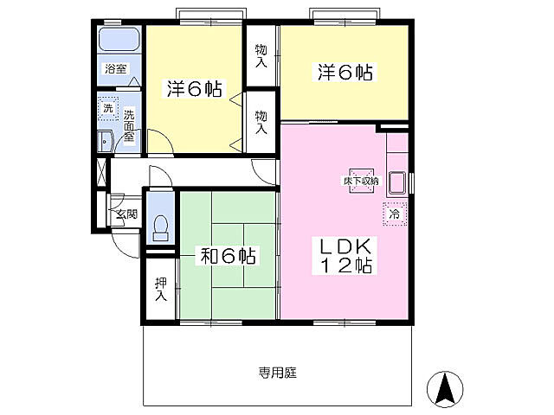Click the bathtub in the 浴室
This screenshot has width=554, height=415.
pyautogui.click(x=119, y=39)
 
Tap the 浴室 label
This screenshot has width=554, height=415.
pyautogui.click(x=115, y=68)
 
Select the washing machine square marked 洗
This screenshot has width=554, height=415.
pyautogui.click(x=108, y=108)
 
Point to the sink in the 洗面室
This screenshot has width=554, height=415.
pyautogui.click(x=105, y=142)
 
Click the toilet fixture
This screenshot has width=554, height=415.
pyautogui.click(x=161, y=228)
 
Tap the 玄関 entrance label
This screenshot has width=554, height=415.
pyautogui.click(x=127, y=214)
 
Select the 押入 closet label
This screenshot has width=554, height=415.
pyautogui.click(x=161, y=290)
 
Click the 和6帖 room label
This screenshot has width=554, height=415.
pyautogui.click(x=228, y=256)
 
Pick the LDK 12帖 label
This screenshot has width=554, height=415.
pyautogui.click(x=345, y=256)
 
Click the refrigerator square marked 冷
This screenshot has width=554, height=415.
pyautogui.click(x=395, y=214)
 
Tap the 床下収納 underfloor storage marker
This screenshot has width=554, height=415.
pyautogui.click(x=361, y=181)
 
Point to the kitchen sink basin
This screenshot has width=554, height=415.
pyautogui.click(x=397, y=182)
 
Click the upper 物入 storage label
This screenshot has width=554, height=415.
pyautogui.click(x=261, y=56)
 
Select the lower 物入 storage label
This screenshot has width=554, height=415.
pyautogui.click(x=261, y=122)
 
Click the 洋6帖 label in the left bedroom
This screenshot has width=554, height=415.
pyautogui.click(x=194, y=88)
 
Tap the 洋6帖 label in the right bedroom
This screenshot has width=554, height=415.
pyautogui.click(x=345, y=73)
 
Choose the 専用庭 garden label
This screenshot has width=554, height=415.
pyautogui.click(x=277, y=373)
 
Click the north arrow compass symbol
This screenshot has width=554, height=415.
pyautogui.click(x=445, y=390)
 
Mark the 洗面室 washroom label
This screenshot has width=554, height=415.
pyautogui.click(x=129, y=125)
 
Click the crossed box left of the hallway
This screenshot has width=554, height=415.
pyautogui.click(x=101, y=173)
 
